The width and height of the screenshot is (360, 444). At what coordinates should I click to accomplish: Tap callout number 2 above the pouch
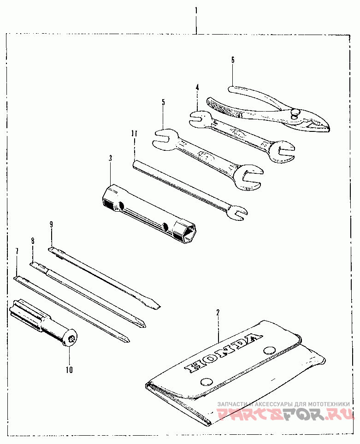[218, 313]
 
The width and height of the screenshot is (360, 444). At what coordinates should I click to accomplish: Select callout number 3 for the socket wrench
[111, 158]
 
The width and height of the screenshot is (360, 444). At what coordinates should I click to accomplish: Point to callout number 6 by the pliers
[233, 59]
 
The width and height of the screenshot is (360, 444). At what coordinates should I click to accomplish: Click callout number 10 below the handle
[70, 369]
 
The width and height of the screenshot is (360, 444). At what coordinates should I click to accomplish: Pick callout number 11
[134, 134]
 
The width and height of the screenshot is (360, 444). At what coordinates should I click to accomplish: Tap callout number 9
[51, 225]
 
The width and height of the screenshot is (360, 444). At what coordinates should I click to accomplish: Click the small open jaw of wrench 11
[239, 212]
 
